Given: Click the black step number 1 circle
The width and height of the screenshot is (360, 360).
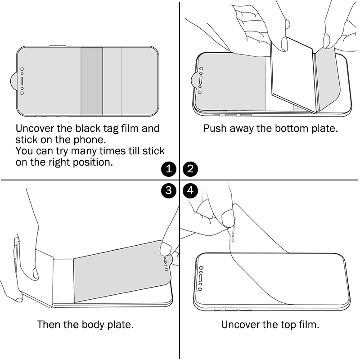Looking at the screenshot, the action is pyautogui.click(x=169, y=169).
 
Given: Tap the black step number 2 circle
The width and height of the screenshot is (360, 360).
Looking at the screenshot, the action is pyautogui.click(x=190, y=169).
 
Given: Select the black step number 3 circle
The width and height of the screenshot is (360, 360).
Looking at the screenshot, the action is pyautogui.click(x=169, y=190).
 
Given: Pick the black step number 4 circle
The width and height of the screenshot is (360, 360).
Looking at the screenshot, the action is pyautogui.click(x=190, y=190).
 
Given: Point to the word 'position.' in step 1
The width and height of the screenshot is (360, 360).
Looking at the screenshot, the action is pyautogui.click(x=93, y=162).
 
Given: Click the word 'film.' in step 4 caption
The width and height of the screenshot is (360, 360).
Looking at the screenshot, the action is pyautogui.click(x=309, y=324).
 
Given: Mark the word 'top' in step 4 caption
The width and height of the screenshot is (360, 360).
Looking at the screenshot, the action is pyautogui.click(x=288, y=325).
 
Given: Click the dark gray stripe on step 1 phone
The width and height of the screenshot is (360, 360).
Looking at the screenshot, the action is pyautogui.click(x=92, y=81).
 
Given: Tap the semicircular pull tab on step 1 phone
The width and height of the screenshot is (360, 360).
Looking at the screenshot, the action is pyautogui.click(x=14, y=81).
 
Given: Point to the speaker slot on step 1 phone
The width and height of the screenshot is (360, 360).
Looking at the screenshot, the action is pyautogui.click(x=22, y=81).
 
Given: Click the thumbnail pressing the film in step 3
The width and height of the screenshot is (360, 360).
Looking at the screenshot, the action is pyautogui.click(x=165, y=249).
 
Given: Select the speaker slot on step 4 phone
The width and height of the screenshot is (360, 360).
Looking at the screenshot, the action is pyautogui.click(x=201, y=278).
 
